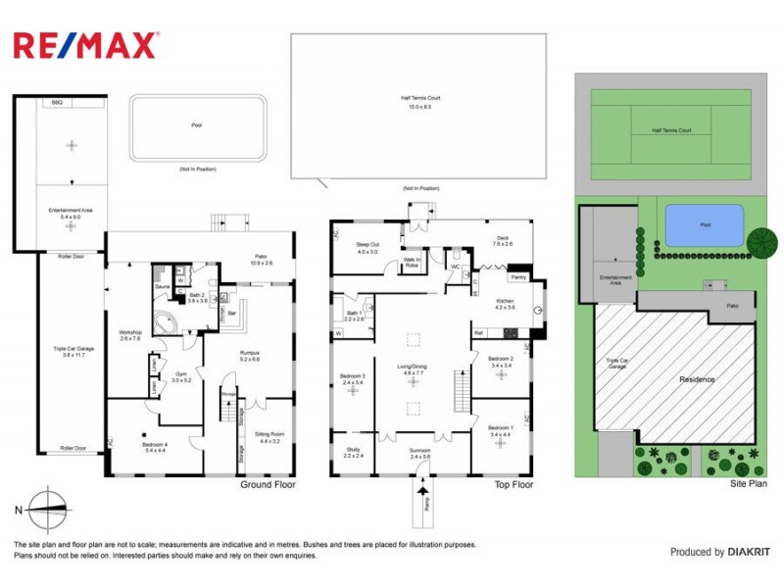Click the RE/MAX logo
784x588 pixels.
click(x=84, y=45)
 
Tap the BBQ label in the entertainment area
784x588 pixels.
click(x=57, y=102)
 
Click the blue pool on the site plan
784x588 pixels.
click(x=703, y=225)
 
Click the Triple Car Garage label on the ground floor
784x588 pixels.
click(x=70, y=351)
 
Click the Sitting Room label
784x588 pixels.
click(x=269, y=438)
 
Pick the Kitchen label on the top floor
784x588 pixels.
click(x=504, y=304)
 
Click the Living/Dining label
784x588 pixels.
click(x=413, y=369)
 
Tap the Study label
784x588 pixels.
click(x=353, y=453)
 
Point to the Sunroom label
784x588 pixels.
click(x=419, y=453)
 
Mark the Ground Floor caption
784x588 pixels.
click(x=268, y=484)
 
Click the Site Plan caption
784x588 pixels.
click(x=748, y=483)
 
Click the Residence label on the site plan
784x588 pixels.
click(x=697, y=378)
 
